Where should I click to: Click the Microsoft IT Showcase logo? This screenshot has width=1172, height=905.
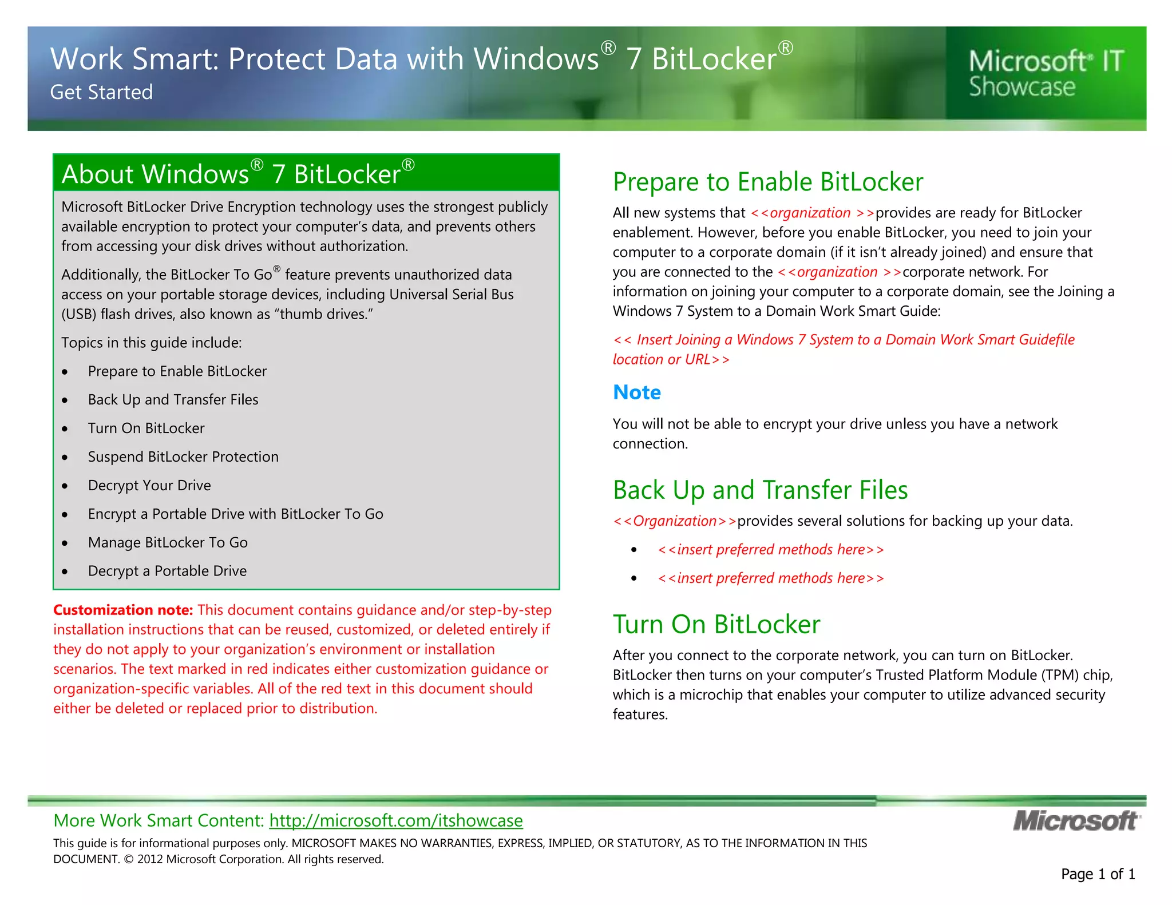tap(1046, 73)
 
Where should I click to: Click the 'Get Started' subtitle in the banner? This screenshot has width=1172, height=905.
tap(101, 92)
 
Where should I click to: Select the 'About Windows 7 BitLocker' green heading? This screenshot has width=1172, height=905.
tap(237, 174)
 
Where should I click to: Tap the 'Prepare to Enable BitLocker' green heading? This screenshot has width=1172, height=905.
tap(767, 182)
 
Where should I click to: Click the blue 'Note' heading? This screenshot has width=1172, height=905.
tap(636, 392)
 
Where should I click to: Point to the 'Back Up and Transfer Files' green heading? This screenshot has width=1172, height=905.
tap(760, 490)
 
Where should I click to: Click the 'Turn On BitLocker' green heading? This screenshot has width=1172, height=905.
tap(716, 624)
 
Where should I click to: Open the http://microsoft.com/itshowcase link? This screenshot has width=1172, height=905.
tap(396, 820)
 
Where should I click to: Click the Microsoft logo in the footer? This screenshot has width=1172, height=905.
tap(1076, 821)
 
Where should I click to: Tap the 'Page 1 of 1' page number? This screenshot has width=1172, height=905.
tap(1098, 874)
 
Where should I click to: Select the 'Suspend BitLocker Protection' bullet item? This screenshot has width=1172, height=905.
tap(183, 457)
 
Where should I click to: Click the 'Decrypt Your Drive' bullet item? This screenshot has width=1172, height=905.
tap(149, 485)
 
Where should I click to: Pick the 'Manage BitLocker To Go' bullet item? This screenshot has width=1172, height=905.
tap(168, 542)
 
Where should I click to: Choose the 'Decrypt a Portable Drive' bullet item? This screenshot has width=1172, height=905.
tap(167, 571)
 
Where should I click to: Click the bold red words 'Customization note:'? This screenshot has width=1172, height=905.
tap(123, 610)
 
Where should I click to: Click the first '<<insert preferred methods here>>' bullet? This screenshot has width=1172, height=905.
tap(770, 550)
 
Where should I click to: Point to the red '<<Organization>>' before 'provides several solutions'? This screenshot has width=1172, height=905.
tap(674, 521)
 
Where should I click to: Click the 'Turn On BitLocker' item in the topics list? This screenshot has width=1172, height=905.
tap(146, 428)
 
